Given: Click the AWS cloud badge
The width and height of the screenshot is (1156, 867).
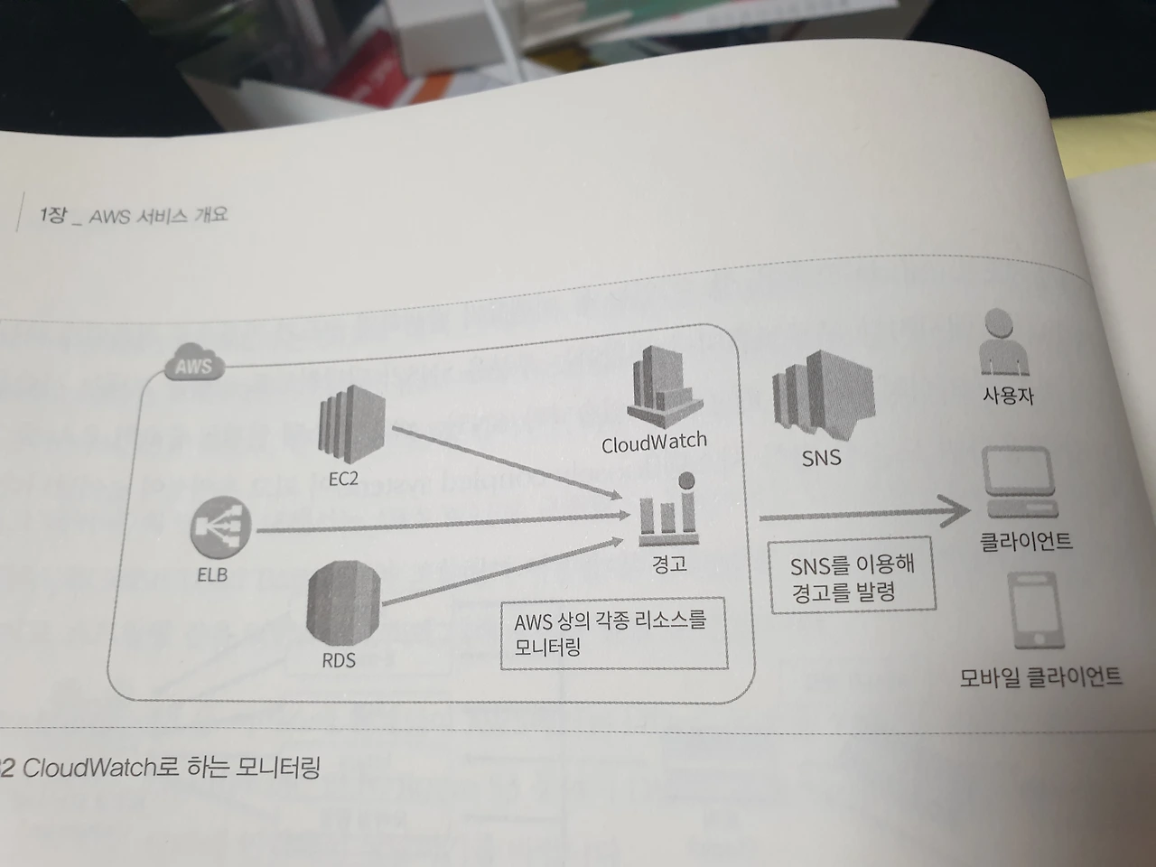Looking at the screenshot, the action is pyautogui.click(x=194, y=365).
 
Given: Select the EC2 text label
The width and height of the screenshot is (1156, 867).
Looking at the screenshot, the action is pyautogui.click(x=343, y=479).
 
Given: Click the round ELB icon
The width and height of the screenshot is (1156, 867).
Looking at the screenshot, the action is pyautogui.click(x=221, y=529).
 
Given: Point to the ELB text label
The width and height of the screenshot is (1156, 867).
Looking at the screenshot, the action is pyautogui.click(x=212, y=574).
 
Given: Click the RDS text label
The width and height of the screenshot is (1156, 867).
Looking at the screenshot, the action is pyautogui.click(x=339, y=660).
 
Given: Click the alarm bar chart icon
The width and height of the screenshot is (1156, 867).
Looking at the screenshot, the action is pyautogui.click(x=669, y=510).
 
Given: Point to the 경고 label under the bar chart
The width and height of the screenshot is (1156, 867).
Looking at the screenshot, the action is pyautogui.click(x=669, y=564).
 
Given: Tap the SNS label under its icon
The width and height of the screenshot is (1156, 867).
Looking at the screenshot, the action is pyautogui.click(x=821, y=458).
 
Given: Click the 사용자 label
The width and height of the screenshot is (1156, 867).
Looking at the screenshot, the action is pyautogui.click(x=1008, y=396).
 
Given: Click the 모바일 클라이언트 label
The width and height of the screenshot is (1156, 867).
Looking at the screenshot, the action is pyautogui.click(x=1040, y=676).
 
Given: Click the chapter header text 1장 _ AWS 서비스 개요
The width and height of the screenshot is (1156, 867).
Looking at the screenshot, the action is pyautogui.click(x=134, y=216).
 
